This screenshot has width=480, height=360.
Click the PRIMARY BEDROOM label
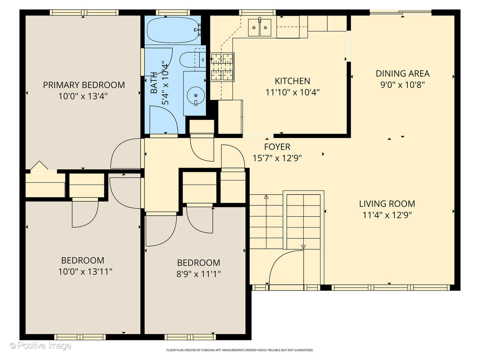pyautogui.click(x=84, y=85)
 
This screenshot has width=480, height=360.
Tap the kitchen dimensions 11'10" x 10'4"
pyautogui.click(x=292, y=92)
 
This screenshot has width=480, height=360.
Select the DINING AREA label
pyautogui.click(x=402, y=74)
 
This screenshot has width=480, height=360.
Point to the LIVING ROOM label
pyautogui.click(x=387, y=204)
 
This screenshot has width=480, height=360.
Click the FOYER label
pyautogui.click(x=277, y=147)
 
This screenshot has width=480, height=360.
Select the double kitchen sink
pyautogui.click(x=260, y=27)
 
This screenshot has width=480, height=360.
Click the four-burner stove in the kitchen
pyautogui.click(x=222, y=67)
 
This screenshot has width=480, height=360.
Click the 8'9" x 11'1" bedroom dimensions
pyautogui.click(x=198, y=274)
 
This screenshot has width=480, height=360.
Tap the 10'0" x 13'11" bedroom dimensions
pyautogui.click(x=85, y=272)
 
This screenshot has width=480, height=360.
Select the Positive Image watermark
pyautogui.click(x=40, y=346)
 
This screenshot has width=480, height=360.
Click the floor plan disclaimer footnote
pyautogui.click(x=240, y=350)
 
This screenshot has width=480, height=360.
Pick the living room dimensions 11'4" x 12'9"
pyautogui.click(x=387, y=215)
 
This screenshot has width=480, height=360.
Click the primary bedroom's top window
pyautogui.click(x=84, y=13)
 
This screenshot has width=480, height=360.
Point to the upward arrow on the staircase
pyautogui.click(x=266, y=197)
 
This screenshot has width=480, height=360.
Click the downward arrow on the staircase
pyautogui.click(x=303, y=247)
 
